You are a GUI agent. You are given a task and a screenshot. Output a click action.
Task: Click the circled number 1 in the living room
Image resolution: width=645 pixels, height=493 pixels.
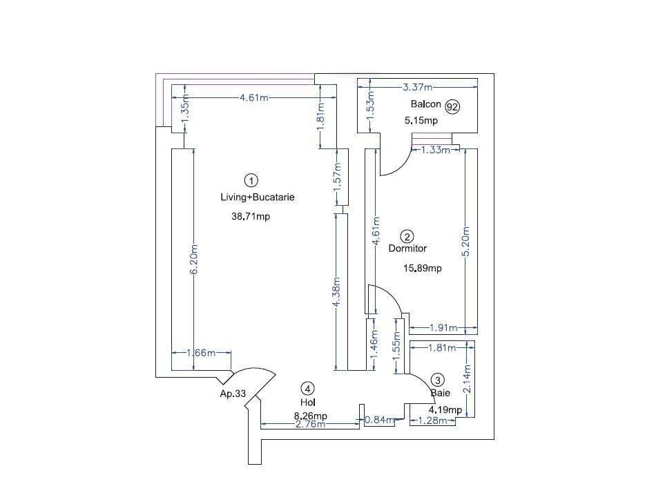click(252, 180)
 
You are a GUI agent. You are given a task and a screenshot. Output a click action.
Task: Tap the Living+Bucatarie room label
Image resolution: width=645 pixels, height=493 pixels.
click(257, 197)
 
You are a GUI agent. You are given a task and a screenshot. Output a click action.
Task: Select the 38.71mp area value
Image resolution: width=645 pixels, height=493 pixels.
click(250, 216)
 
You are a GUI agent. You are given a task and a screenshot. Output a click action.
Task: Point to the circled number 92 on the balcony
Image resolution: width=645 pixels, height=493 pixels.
click(452, 106)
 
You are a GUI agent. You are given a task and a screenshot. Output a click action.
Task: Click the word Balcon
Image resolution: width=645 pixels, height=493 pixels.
click(425, 104)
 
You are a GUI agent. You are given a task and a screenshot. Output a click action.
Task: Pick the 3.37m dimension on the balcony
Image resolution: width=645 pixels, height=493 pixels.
click(417, 87)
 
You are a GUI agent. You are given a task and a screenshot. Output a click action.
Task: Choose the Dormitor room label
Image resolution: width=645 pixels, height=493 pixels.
click(407, 249)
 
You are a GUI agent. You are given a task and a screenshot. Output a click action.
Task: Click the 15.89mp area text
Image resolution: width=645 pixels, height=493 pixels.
click(422, 269)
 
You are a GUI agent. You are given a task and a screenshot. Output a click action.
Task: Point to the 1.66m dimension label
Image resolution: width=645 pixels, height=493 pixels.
click(201, 354)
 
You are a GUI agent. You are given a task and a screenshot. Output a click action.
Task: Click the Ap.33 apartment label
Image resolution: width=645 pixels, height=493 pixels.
click(232, 394)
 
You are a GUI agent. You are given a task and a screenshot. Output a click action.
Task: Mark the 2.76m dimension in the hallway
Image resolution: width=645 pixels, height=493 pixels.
click(310, 424)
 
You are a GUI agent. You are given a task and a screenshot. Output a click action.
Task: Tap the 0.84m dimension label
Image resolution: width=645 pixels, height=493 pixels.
click(379, 419)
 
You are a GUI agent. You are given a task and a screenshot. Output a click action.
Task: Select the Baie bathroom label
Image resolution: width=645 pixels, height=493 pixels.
click(441, 393)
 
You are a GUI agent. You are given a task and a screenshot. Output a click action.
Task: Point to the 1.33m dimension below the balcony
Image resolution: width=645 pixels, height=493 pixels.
click(436, 150)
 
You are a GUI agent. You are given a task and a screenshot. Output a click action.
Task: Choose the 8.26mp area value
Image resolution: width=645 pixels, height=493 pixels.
click(310, 416)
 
